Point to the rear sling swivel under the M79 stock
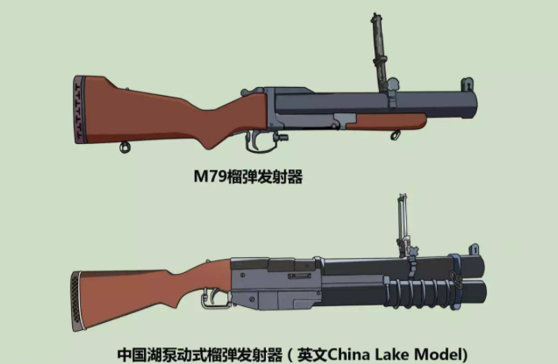tap(124, 147)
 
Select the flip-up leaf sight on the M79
tap(378, 47)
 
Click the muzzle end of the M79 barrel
tap(477, 104)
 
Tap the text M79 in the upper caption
tap(209, 177)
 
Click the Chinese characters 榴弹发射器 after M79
tap(264, 177)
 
